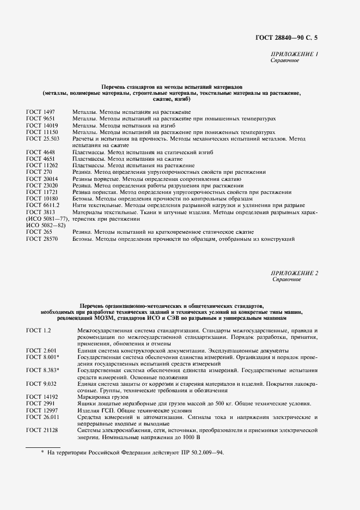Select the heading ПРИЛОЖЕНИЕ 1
click(x=294, y=54)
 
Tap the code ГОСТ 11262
click(x=42, y=166)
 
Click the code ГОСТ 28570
click(x=42, y=239)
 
